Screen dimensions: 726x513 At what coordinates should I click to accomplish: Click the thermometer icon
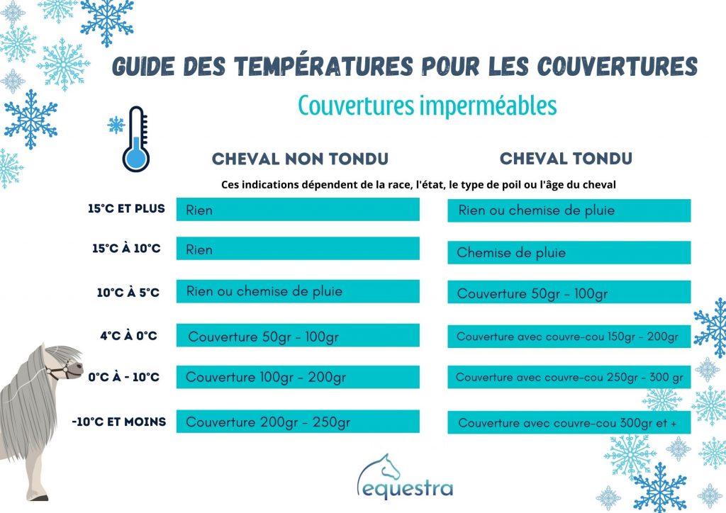click(136, 140)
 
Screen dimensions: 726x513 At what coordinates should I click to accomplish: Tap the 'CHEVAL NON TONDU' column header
click(300, 159)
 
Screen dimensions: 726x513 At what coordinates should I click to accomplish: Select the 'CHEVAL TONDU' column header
click(566, 158)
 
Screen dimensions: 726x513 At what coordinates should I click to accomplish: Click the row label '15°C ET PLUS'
click(126, 208)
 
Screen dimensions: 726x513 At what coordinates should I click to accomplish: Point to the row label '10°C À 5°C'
click(128, 293)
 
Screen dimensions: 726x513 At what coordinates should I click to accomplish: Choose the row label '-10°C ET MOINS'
click(119, 422)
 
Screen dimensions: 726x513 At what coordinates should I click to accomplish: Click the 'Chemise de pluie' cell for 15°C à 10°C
click(569, 252)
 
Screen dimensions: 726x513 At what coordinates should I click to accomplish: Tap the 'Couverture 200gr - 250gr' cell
click(298, 422)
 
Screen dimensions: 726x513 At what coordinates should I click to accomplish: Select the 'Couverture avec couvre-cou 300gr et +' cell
click(569, 422)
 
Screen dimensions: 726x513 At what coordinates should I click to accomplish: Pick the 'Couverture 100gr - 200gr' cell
click(298, 377)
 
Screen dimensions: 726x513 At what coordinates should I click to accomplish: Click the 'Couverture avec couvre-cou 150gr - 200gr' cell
click(569, 336)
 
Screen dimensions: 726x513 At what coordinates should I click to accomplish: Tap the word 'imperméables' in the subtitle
click(488, 106)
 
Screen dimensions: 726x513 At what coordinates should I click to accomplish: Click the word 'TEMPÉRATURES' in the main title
click(323, 67)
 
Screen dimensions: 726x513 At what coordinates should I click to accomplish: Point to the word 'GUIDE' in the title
click(143, 67)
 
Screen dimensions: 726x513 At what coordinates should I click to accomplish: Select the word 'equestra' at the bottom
click(408, 488)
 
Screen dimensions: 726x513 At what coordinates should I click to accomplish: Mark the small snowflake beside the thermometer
click(116, 125)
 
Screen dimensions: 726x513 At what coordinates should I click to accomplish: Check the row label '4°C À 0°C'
click(129, 335)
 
